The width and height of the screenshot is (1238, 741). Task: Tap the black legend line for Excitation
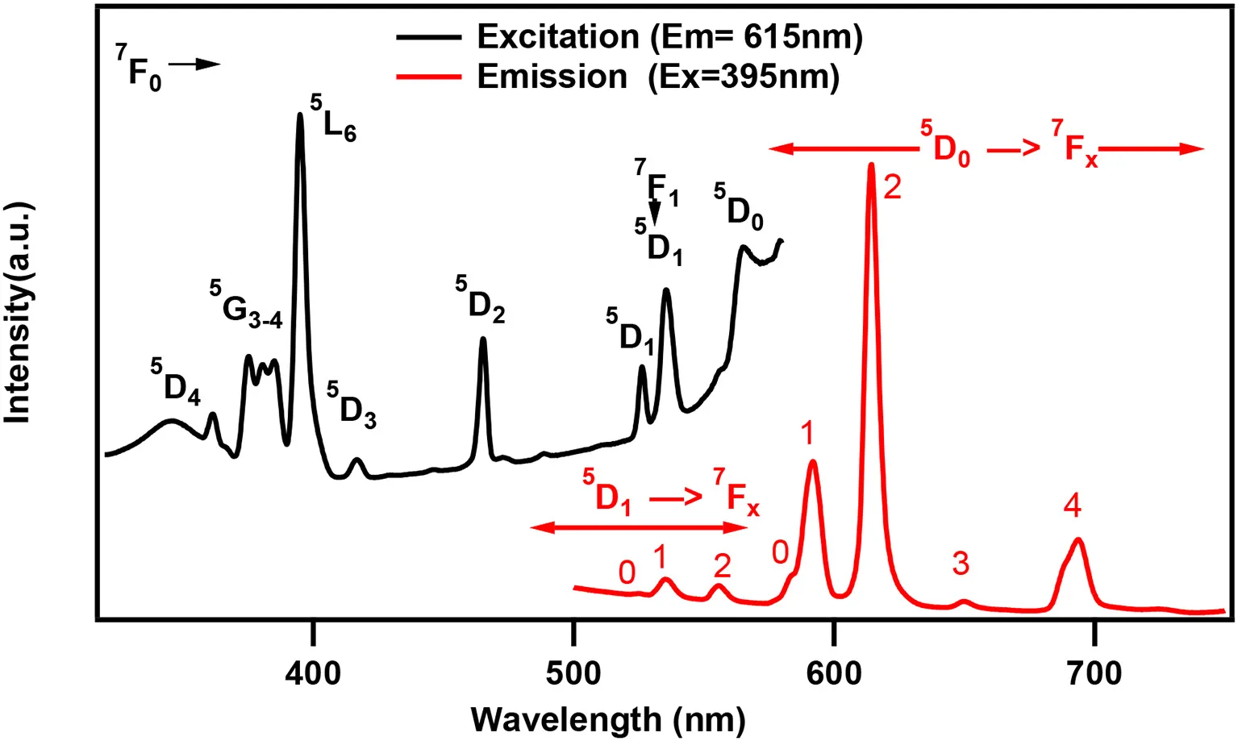pyautogui.click(x=429, y=38)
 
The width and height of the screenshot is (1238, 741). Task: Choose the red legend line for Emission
pyautogui.click(x=429, y=77)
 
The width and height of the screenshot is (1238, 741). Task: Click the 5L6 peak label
pyautogui.click(x=333, y=118)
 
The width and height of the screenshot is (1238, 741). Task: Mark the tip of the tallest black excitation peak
pyautogui.click(x=300, y=114)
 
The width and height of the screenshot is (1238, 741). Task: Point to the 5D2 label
pyautogui.click(x=480, y=299)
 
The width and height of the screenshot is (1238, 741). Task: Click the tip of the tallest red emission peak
pyautogui.click(x=872, y=164)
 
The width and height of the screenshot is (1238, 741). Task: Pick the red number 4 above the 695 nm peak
pyautogui.click(x=1073, y=505)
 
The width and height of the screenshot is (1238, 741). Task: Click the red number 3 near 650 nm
pyautogui.click(x=961, y=564)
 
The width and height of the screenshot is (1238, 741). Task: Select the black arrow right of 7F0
pyautogui.click(x=194, y=64)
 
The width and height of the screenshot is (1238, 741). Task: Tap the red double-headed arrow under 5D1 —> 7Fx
pyautogui.click(x=639, y=527)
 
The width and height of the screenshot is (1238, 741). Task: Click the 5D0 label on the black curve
pyautogui.click(x=739, y=206)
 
